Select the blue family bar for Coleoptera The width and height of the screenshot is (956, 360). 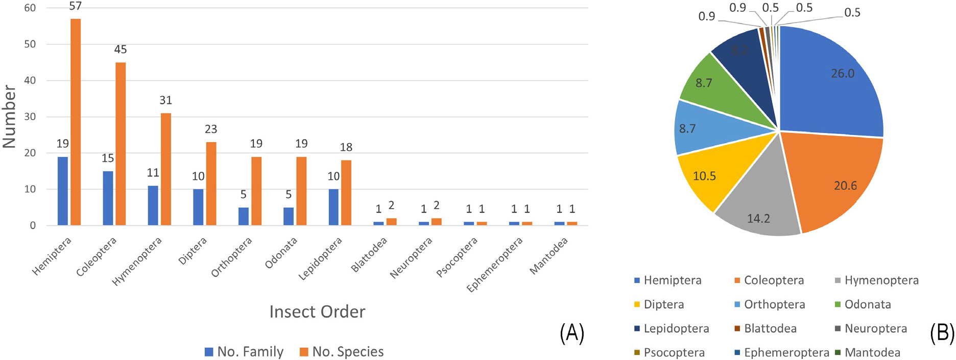coord(108,198)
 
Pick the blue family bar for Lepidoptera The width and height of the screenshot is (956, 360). coord(333,207)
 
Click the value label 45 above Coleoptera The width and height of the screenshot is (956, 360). coord(121,50)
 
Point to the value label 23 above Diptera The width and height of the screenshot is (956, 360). coord(211,129)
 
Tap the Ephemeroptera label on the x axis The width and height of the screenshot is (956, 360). coord(495,264)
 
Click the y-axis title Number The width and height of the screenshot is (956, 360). coord(9,117)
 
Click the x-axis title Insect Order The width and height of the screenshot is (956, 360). coord(317,312)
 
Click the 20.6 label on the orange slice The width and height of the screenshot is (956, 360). coord(845,186)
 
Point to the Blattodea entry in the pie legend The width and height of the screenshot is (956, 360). coord(770,328)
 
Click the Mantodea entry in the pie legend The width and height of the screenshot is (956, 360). coord(872,352)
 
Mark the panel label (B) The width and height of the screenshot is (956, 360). coord(942,333)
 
